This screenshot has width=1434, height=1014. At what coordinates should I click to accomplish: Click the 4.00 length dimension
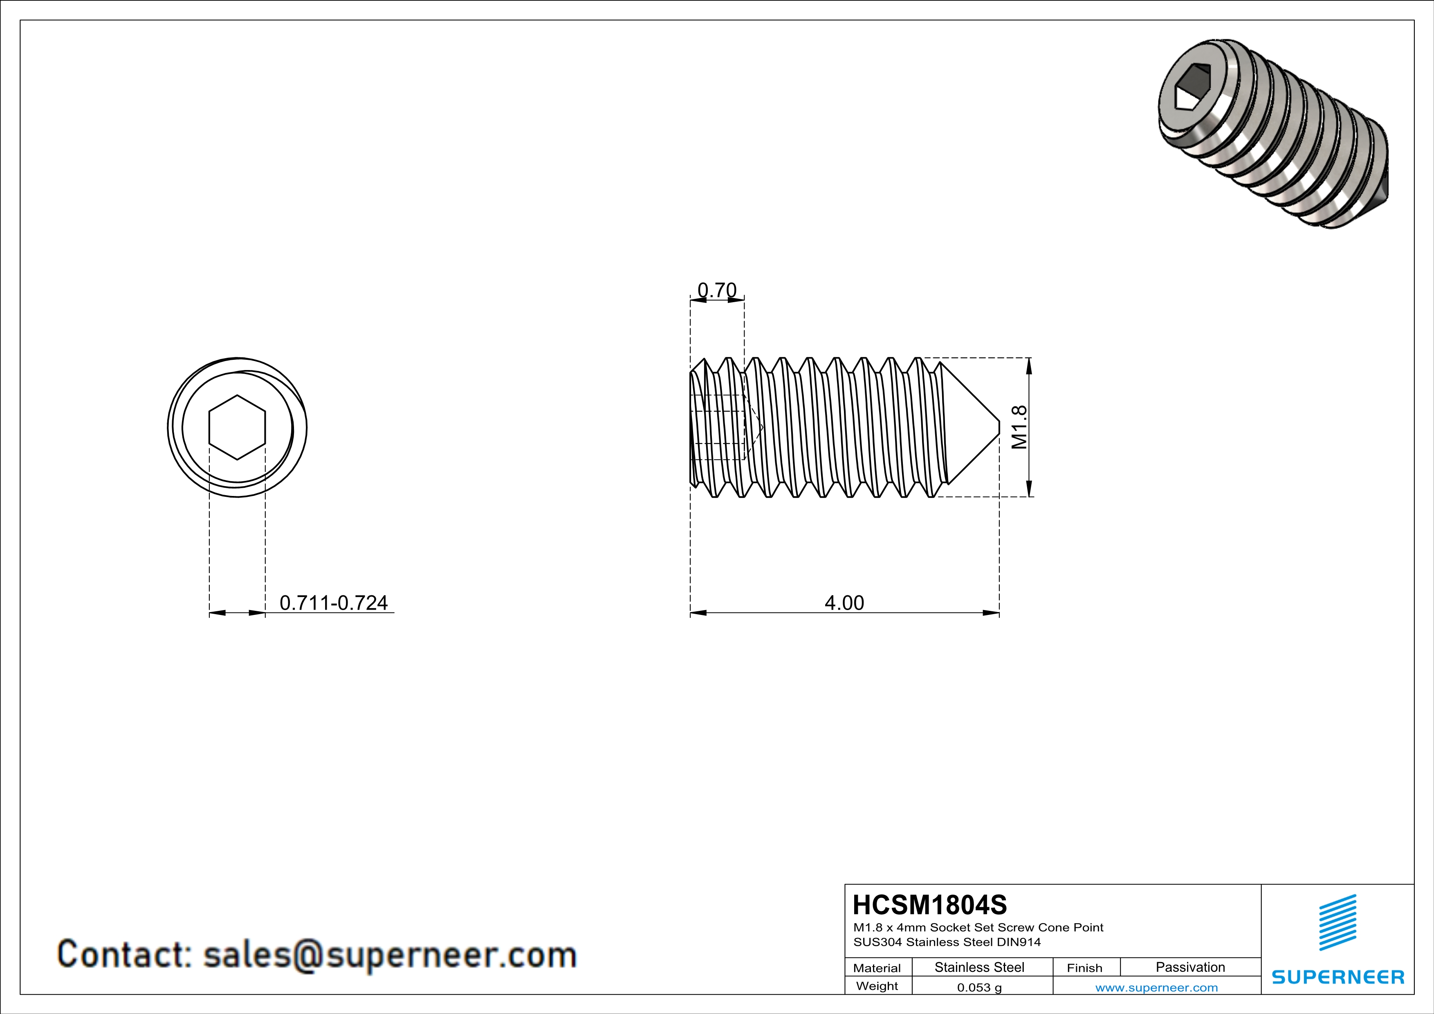(844, 603)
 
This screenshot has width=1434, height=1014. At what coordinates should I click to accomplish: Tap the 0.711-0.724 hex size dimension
(334, 603)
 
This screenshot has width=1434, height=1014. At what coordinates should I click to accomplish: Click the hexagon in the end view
(237, 427)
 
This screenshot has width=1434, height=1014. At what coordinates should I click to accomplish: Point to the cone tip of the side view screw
(997, 427)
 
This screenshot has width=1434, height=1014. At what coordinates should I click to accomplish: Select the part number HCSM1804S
(930, 905)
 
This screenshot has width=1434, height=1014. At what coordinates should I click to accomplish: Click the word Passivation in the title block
(1190, 967)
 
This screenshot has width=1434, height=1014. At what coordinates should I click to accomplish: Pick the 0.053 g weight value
(979, 987)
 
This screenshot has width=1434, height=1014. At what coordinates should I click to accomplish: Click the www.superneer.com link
(1156, 987)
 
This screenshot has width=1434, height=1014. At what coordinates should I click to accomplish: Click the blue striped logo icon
(1337, 922)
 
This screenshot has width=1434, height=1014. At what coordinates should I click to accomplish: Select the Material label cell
(877, 968)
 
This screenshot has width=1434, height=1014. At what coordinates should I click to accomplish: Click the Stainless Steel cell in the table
(979, 967)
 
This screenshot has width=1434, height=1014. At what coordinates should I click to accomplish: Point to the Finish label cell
(1084, 968)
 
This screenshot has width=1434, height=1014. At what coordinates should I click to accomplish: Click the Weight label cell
(877, 986)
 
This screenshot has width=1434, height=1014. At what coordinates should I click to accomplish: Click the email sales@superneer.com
(390, 955)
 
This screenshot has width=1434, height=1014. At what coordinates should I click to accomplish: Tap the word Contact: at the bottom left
(125, 955)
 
